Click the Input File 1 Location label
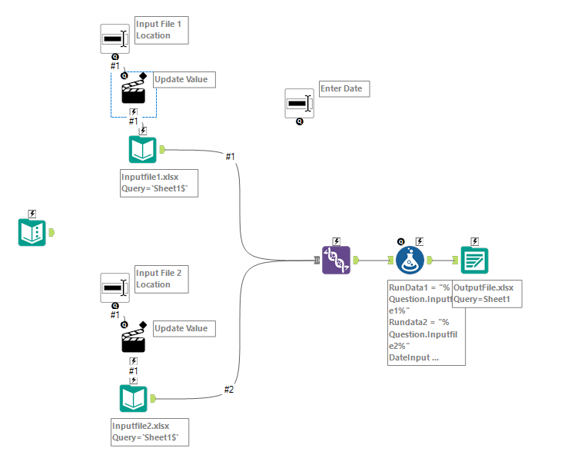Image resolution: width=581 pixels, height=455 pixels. [x=161, y=29]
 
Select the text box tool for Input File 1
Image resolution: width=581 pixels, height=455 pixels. [x=115, y=38]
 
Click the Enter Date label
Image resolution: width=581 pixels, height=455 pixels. [x=344, y=89]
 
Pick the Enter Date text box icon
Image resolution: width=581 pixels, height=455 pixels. [x=299, y=103]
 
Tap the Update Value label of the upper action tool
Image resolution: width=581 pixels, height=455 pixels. [x=181, y=79]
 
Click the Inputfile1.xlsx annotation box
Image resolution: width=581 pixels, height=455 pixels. [x=158, y=183]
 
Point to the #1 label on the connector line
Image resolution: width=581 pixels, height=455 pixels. [x=230, y=157]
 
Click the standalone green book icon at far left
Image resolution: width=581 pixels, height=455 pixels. [x=32, y=232]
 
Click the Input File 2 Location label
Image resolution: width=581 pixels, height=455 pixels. [x=161, y=279]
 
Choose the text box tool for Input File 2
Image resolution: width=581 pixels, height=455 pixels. [x=115, y=287]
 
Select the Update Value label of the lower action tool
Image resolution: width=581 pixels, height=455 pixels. [x=181, y=328]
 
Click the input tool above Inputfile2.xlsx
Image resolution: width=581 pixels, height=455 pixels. [x=133, y=398]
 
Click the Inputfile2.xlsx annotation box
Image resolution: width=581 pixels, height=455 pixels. [x=150, y=432]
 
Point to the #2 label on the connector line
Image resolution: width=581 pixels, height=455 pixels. [x=228, y=390]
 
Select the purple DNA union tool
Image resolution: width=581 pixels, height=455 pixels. [x=337, y=261]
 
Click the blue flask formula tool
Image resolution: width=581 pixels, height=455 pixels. [x=410, y=261]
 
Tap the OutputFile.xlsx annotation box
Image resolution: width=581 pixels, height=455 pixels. [x=486, y=293]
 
